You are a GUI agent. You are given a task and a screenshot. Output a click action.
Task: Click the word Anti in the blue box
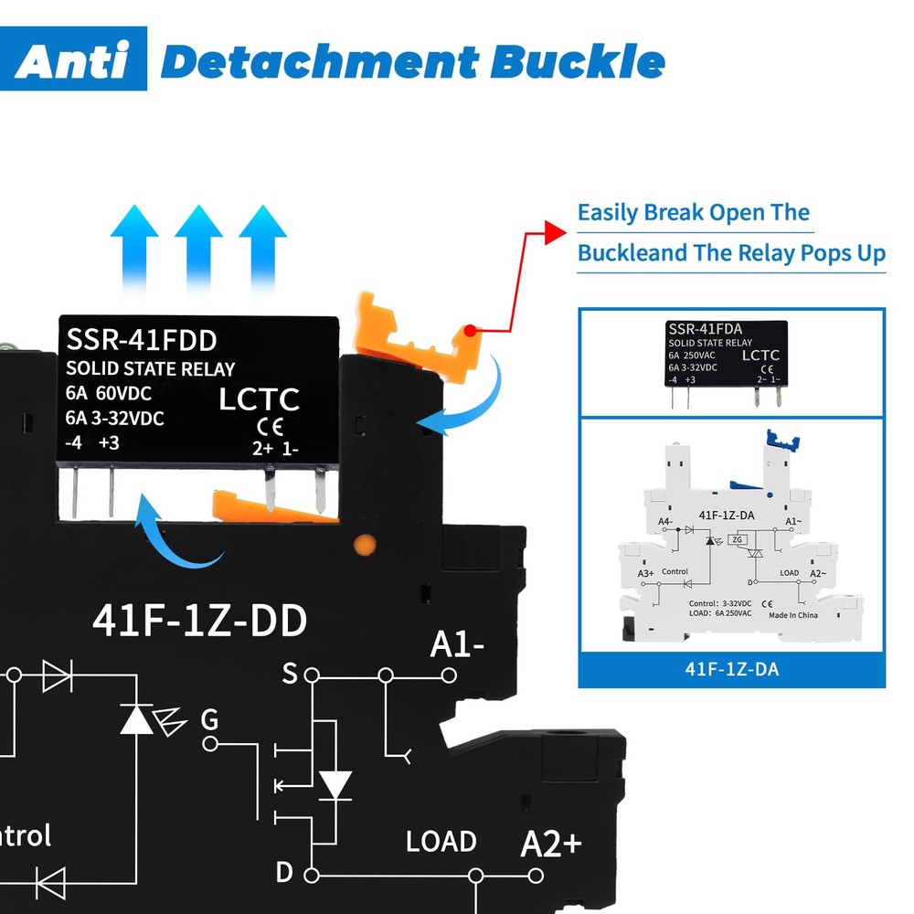pyautogui.click(x=72, y=60)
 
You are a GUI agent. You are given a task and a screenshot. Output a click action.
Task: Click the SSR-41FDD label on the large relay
pyautogui.click(x=142, y=340)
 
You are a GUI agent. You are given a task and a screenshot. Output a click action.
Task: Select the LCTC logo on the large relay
pyautogui.click(x=260, y=399)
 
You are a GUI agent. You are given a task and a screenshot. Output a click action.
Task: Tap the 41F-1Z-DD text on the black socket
pyautogui.click(x=199, y=621)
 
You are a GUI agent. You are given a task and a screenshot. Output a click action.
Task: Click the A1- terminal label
pyautogui.click(x=457, y=645)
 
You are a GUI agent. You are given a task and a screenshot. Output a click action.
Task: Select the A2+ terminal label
pyautogui.click(x=551, y=843)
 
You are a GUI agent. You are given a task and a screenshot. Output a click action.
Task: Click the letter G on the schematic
pyautogui.click(x=209, y=720)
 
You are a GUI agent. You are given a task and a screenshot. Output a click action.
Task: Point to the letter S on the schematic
pyautogui.click(x=290, y=675)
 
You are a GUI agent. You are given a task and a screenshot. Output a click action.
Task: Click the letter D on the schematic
pyautogui.click(x=284, y=872)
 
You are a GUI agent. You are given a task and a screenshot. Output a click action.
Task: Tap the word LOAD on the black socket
pyautogui.click(x=441, y=841)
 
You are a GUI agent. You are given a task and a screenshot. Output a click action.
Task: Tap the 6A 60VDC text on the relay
pyautogui.click(x=109, y=394)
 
